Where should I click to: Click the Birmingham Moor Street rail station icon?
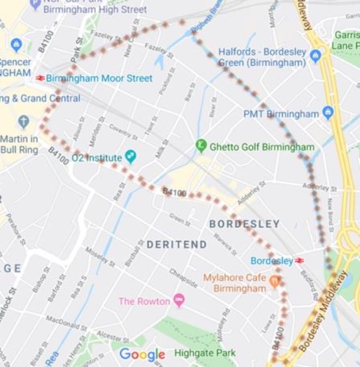click(x=40, y=78)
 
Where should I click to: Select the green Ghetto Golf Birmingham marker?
click(x=201, y=146)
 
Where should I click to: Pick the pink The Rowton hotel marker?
click(x=179, y=301)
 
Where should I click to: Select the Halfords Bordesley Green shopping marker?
click(x=315, y=56)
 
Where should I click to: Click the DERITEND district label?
click(x=177, y=245)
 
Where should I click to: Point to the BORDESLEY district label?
click(x=244, y=224)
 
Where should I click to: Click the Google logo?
click(x=142, y=354)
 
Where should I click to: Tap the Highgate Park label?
click(x=205, y=353)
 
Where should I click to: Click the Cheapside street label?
click(x=183, y=278)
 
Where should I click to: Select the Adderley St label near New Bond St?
click(x=320, y=188)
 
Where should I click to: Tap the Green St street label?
click(x=180, y=219)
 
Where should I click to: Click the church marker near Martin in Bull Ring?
click(x=23, y=122)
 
